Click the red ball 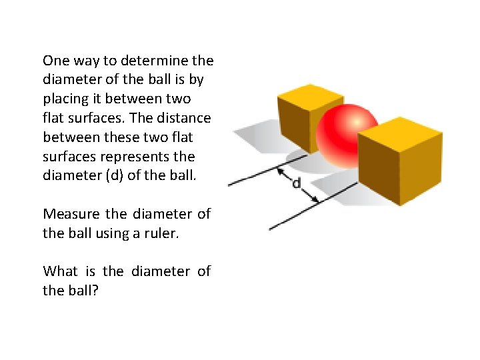tap(347, 137)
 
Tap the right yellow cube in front tap(400, 163)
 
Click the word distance tap(185, 118)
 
